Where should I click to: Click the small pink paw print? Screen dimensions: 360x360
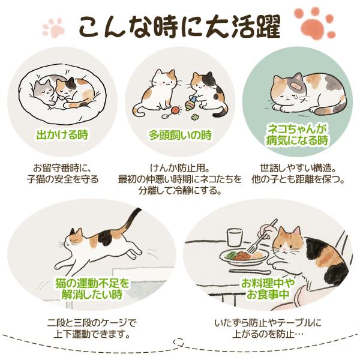[54, 28]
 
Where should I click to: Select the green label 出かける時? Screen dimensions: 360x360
[62, 135]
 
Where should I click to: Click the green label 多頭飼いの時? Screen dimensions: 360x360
[180, 135]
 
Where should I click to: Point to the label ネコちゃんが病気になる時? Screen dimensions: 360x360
[297, 135]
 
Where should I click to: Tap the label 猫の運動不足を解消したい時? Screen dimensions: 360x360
[92, 289]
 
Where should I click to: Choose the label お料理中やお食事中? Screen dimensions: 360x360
[268, 289]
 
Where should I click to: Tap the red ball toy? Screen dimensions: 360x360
[176, 110]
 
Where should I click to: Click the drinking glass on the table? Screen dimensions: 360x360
[235, 237]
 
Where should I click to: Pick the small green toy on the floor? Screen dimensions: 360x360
[195, 117]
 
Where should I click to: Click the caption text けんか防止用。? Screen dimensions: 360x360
[180, 168]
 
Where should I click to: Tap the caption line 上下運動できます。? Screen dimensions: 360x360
[92, 334]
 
